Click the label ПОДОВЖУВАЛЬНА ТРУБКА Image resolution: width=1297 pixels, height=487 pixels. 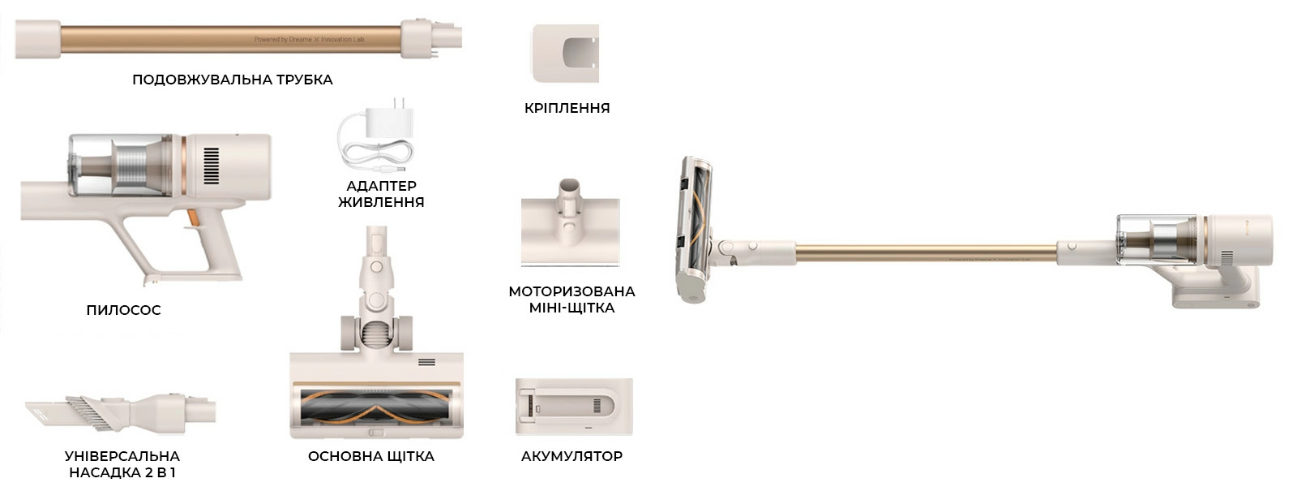tap(232, 80)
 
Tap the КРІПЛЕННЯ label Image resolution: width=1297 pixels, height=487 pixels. tap(567, 109)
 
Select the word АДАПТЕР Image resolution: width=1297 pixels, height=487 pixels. tap(382, 186)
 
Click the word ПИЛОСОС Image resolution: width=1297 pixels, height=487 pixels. tap(123, 310)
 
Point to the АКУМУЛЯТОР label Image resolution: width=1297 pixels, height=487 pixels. tap(571, 456)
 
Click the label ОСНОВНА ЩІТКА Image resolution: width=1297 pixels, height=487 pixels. tap(371, 456)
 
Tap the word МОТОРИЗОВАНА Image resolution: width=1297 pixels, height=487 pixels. tap(571, 291)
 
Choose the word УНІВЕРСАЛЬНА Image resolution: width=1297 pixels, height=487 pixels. tap(122, 456)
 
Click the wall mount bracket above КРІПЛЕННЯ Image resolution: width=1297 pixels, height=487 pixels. tap(566, 54)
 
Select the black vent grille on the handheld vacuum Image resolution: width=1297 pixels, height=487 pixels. tap(212, 166)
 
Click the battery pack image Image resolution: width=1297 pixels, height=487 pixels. tap(574, 407)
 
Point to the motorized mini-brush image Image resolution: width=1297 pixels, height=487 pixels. tap(571, 223)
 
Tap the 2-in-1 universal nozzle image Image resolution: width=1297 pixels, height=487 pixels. tap(121, 413)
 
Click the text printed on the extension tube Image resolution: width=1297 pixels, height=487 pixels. tap(309, 40)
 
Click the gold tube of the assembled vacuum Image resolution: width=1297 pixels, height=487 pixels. tap(927, 253)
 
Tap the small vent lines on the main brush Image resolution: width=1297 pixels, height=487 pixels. tap(426, 362)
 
